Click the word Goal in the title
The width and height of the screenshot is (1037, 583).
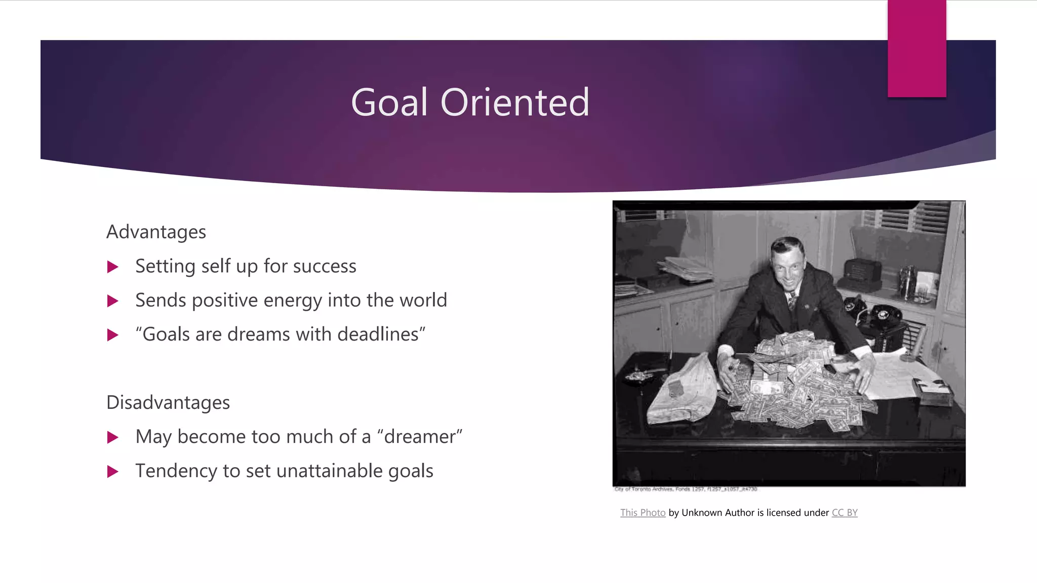389,103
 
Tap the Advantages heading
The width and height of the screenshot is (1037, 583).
156,232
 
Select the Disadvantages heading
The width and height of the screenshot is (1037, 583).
168,403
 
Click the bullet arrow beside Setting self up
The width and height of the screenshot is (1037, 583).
113,267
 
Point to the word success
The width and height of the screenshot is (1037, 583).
324,267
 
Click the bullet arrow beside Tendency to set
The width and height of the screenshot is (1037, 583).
113,472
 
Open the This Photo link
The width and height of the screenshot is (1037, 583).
643,513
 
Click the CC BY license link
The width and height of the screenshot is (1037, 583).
845,513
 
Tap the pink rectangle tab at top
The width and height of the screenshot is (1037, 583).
916,48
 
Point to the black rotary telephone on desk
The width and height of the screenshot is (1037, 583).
884,316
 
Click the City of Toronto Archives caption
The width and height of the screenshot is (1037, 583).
686,489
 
